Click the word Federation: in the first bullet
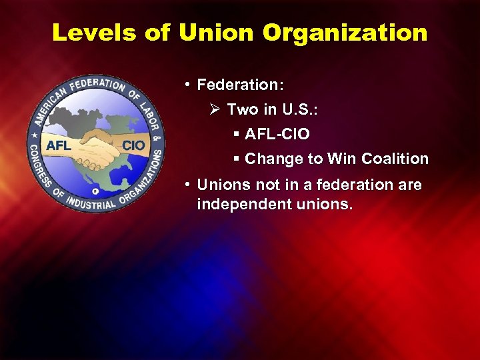pyautogui.click(x=241, y=85)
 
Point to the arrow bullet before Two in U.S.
pyautogui.click(x=215, y=109)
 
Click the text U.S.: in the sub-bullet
pyautogui.click(x=297, y=109)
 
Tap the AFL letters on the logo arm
pyautogui.click(x=59, y=145)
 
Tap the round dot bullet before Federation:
pyautogui.click(x=189, y=85)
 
